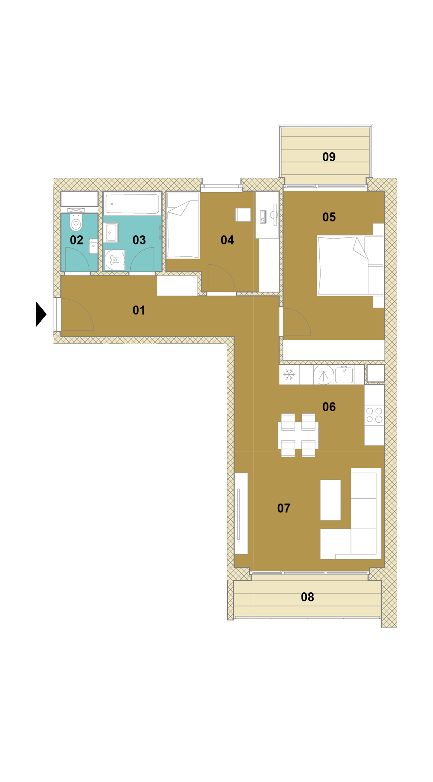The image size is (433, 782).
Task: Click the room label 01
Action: (139, 310)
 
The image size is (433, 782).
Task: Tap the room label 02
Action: (76, 240)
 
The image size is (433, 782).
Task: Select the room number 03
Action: (139, 240)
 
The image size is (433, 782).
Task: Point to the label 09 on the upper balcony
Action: (329, 157)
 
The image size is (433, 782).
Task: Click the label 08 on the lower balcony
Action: (307, 597)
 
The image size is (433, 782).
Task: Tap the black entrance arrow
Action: (41, 314)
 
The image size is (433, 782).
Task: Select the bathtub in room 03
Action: (132, 204)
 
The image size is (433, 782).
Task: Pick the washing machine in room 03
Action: (115, 260)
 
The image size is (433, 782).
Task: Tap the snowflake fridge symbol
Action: (289, 375)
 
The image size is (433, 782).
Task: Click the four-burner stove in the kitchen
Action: (374, 415)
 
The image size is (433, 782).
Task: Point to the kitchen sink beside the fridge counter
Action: (344, 374)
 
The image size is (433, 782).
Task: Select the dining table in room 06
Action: (298, 435)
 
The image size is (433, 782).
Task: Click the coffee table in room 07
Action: (330, 500)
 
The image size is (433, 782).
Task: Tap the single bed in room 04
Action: (183, 225)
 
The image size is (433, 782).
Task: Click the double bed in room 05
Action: (350, 265)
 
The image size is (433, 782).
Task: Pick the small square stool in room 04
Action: (243, 215)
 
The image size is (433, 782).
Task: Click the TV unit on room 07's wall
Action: (241, 514)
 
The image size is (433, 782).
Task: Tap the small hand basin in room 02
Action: (93, 246)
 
